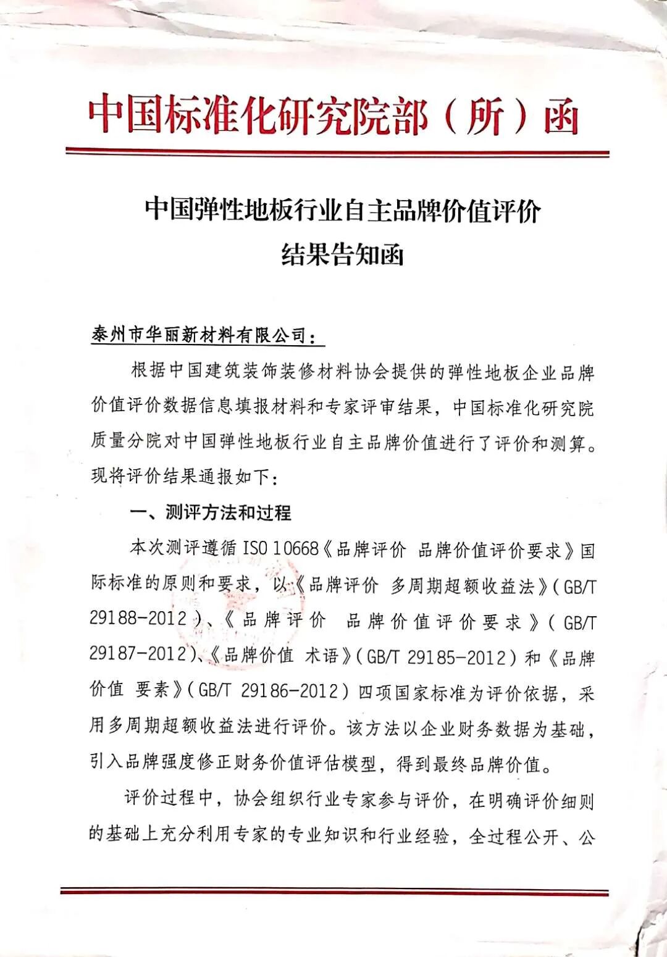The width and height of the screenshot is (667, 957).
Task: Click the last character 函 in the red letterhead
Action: click(561, 117)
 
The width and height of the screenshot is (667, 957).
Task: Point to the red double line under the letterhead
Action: click(337, 152)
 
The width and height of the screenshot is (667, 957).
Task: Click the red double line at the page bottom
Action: click(334, 892)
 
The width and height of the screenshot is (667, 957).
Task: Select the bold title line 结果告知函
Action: click(342, 254)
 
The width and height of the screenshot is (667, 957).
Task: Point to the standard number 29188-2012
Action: click(138, 619)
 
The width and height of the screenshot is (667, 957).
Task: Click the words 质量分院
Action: click(125, 441)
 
